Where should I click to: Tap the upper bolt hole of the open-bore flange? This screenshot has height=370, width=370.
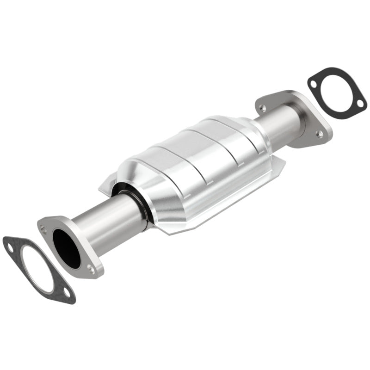(43, 228)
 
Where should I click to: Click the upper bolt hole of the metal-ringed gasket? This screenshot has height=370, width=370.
(10, 248)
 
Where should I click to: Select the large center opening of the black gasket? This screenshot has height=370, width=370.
(337, 91)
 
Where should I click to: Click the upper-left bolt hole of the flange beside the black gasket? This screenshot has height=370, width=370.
(263, 108)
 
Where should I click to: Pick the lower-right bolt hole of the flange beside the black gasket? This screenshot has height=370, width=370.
(319, 134)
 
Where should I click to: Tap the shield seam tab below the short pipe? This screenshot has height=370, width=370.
(277, 162)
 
